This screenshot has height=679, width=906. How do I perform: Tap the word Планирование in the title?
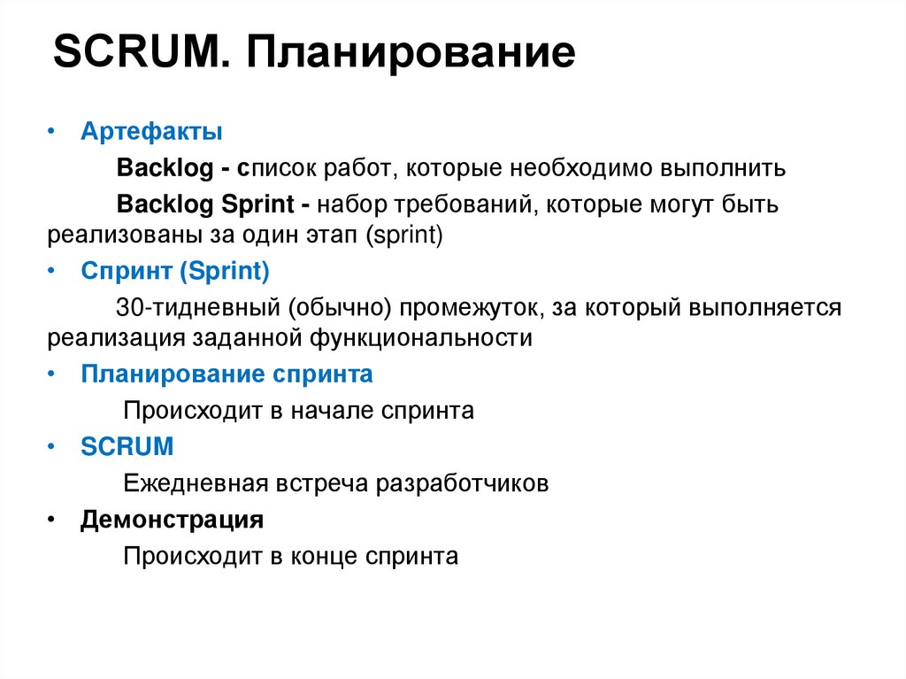tap(411, 54)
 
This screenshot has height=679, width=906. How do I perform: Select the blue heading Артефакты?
tap(151, 133)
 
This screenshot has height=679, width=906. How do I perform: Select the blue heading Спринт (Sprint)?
tap(174, 272)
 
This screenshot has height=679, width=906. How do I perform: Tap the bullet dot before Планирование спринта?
tap(51, 374)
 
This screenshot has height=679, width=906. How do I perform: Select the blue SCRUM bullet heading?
tap(127, 447)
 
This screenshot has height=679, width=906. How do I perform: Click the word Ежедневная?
tap(196, 483)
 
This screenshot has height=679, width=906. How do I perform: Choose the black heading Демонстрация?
tap(172, 520)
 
